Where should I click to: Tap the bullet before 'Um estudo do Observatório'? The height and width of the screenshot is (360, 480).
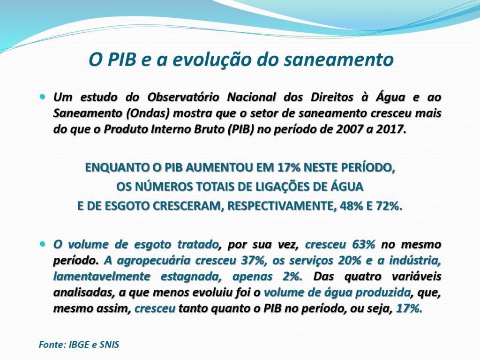[x=42, y=97]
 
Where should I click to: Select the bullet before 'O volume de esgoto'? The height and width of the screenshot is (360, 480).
[x=42, y=244]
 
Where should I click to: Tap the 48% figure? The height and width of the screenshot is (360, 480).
[x=351, y=206]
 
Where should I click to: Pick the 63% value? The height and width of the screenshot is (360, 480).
[x=364, y=244]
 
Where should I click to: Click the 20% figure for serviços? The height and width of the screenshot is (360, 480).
[x=350, y=261]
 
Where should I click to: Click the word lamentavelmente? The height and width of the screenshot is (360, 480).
[x=102, y=277]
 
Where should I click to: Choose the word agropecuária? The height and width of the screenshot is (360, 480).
[x=154, y=261]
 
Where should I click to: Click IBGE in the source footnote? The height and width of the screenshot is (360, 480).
[x=79, y=345]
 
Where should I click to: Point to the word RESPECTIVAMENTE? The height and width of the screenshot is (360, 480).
[x=279, y=206]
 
